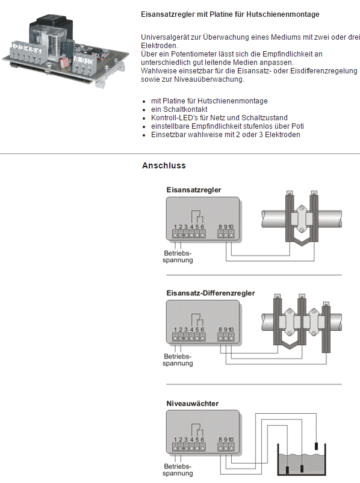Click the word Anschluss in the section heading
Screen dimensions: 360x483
(164, 165)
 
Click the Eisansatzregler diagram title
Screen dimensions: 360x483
(194, 189)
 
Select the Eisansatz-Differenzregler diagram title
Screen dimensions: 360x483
(211, 293)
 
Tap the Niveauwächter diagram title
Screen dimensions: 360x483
(192, 404)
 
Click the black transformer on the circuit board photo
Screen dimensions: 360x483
(55, 22)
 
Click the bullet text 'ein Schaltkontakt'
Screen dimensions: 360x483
(179, 109)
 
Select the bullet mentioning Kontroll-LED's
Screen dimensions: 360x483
(219, 118)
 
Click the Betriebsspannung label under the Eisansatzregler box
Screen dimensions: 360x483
(178, 257)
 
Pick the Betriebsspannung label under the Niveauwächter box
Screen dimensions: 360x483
(178, 470)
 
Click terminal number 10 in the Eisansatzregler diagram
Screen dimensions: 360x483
(231, 227)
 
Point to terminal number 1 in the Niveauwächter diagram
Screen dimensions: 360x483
(175, 440)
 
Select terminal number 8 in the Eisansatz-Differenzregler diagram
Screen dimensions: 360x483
(220, 330)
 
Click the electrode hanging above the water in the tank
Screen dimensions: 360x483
(316, 446)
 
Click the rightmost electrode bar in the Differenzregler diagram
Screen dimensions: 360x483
(326, 327)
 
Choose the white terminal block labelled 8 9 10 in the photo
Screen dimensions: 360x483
(84, 64)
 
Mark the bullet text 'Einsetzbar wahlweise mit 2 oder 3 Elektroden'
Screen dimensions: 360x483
(225, 135)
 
